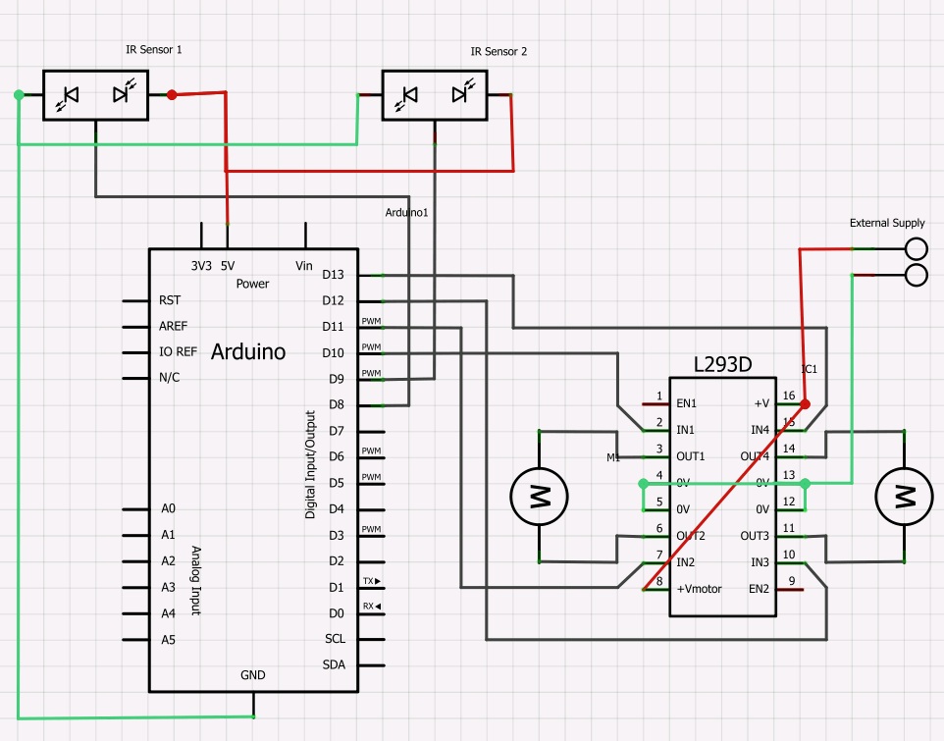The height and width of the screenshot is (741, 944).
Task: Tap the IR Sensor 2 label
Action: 498,51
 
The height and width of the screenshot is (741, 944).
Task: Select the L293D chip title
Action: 724,364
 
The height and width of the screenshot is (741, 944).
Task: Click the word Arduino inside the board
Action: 248,351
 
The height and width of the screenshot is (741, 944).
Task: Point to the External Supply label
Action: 886,223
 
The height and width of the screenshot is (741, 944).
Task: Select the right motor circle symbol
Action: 903,496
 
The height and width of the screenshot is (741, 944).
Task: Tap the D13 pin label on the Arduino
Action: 334,275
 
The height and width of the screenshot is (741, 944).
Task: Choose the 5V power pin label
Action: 227,265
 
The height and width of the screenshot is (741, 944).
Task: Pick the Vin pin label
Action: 303,265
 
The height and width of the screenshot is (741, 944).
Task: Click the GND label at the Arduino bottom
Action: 252,675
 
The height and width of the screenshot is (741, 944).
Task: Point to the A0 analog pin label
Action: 169,508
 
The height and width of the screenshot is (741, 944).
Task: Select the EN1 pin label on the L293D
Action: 687,403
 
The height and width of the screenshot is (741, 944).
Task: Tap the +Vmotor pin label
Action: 699,589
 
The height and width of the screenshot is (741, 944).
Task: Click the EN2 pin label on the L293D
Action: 759,589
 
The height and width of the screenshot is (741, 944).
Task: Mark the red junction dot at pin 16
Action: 805,404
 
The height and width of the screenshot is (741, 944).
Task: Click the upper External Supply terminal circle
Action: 916,248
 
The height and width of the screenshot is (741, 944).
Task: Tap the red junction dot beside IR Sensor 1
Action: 172,95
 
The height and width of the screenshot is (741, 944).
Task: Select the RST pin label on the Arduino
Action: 169,300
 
